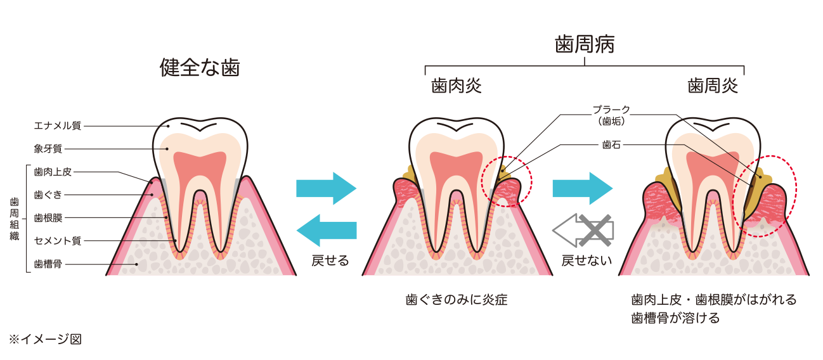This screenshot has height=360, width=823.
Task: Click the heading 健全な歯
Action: pos(200,68)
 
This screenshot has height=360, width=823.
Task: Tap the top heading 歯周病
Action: pos(584,45)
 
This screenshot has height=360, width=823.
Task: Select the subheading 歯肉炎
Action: pos(456,86)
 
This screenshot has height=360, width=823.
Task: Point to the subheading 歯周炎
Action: pos(713,86)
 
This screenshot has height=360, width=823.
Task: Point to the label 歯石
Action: pos(611,145)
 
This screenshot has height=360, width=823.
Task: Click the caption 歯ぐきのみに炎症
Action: pos(457,300)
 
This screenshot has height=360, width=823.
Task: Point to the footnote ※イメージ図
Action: pos(44,339)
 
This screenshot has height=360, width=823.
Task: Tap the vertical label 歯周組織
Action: pos(14,218)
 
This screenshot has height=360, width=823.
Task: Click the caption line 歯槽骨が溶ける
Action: pos(675,318)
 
